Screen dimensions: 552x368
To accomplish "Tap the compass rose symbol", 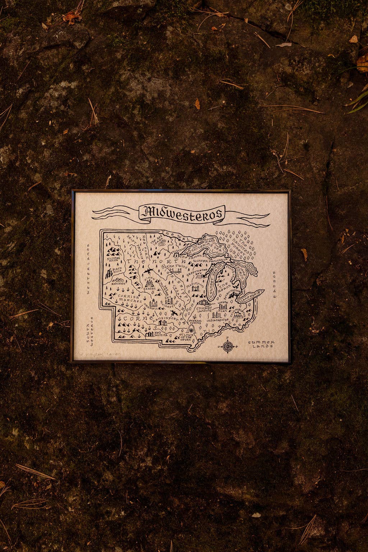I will pos(227,346).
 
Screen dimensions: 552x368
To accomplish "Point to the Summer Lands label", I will pos(261,344).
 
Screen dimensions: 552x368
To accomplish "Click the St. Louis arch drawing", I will pos(191,330).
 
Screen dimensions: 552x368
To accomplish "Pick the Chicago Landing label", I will pos(204,310).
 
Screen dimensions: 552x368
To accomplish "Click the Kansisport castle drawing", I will pos(162,323).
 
